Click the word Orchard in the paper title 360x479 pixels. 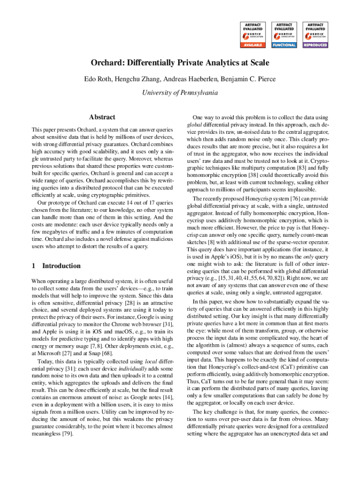(x=106, y=63)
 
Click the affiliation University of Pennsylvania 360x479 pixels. (x=180, y=93)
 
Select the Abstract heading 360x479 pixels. (x=102, y=117)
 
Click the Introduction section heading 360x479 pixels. (x=61, y=266)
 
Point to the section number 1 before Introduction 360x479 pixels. (x=33, y=266)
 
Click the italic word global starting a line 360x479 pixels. (x=194, y=125)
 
